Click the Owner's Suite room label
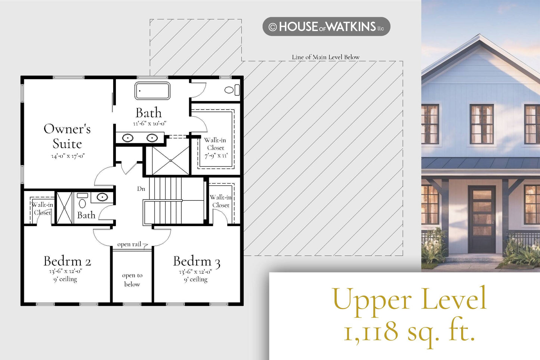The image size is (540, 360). tap(67, 136)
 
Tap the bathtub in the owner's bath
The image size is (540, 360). tap(152, 91)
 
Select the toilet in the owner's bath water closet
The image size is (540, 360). tap(232, 90)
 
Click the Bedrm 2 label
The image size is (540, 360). tap(67, 261)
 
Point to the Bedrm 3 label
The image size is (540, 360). tap(197, 262)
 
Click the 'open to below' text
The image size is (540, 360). tap(132, 280)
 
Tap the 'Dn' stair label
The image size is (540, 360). tap(141, 188)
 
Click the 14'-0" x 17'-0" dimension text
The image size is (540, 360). tap(68, 156)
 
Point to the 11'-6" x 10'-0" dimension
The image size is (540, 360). tap(150, 123)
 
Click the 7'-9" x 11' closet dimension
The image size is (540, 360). tap(216, 156)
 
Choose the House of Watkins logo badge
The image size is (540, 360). tap(326, 27)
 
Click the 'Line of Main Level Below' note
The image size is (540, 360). tap(326, 57)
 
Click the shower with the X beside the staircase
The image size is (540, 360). tap(171, 161)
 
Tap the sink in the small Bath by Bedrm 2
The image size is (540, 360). tap(102, 197)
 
